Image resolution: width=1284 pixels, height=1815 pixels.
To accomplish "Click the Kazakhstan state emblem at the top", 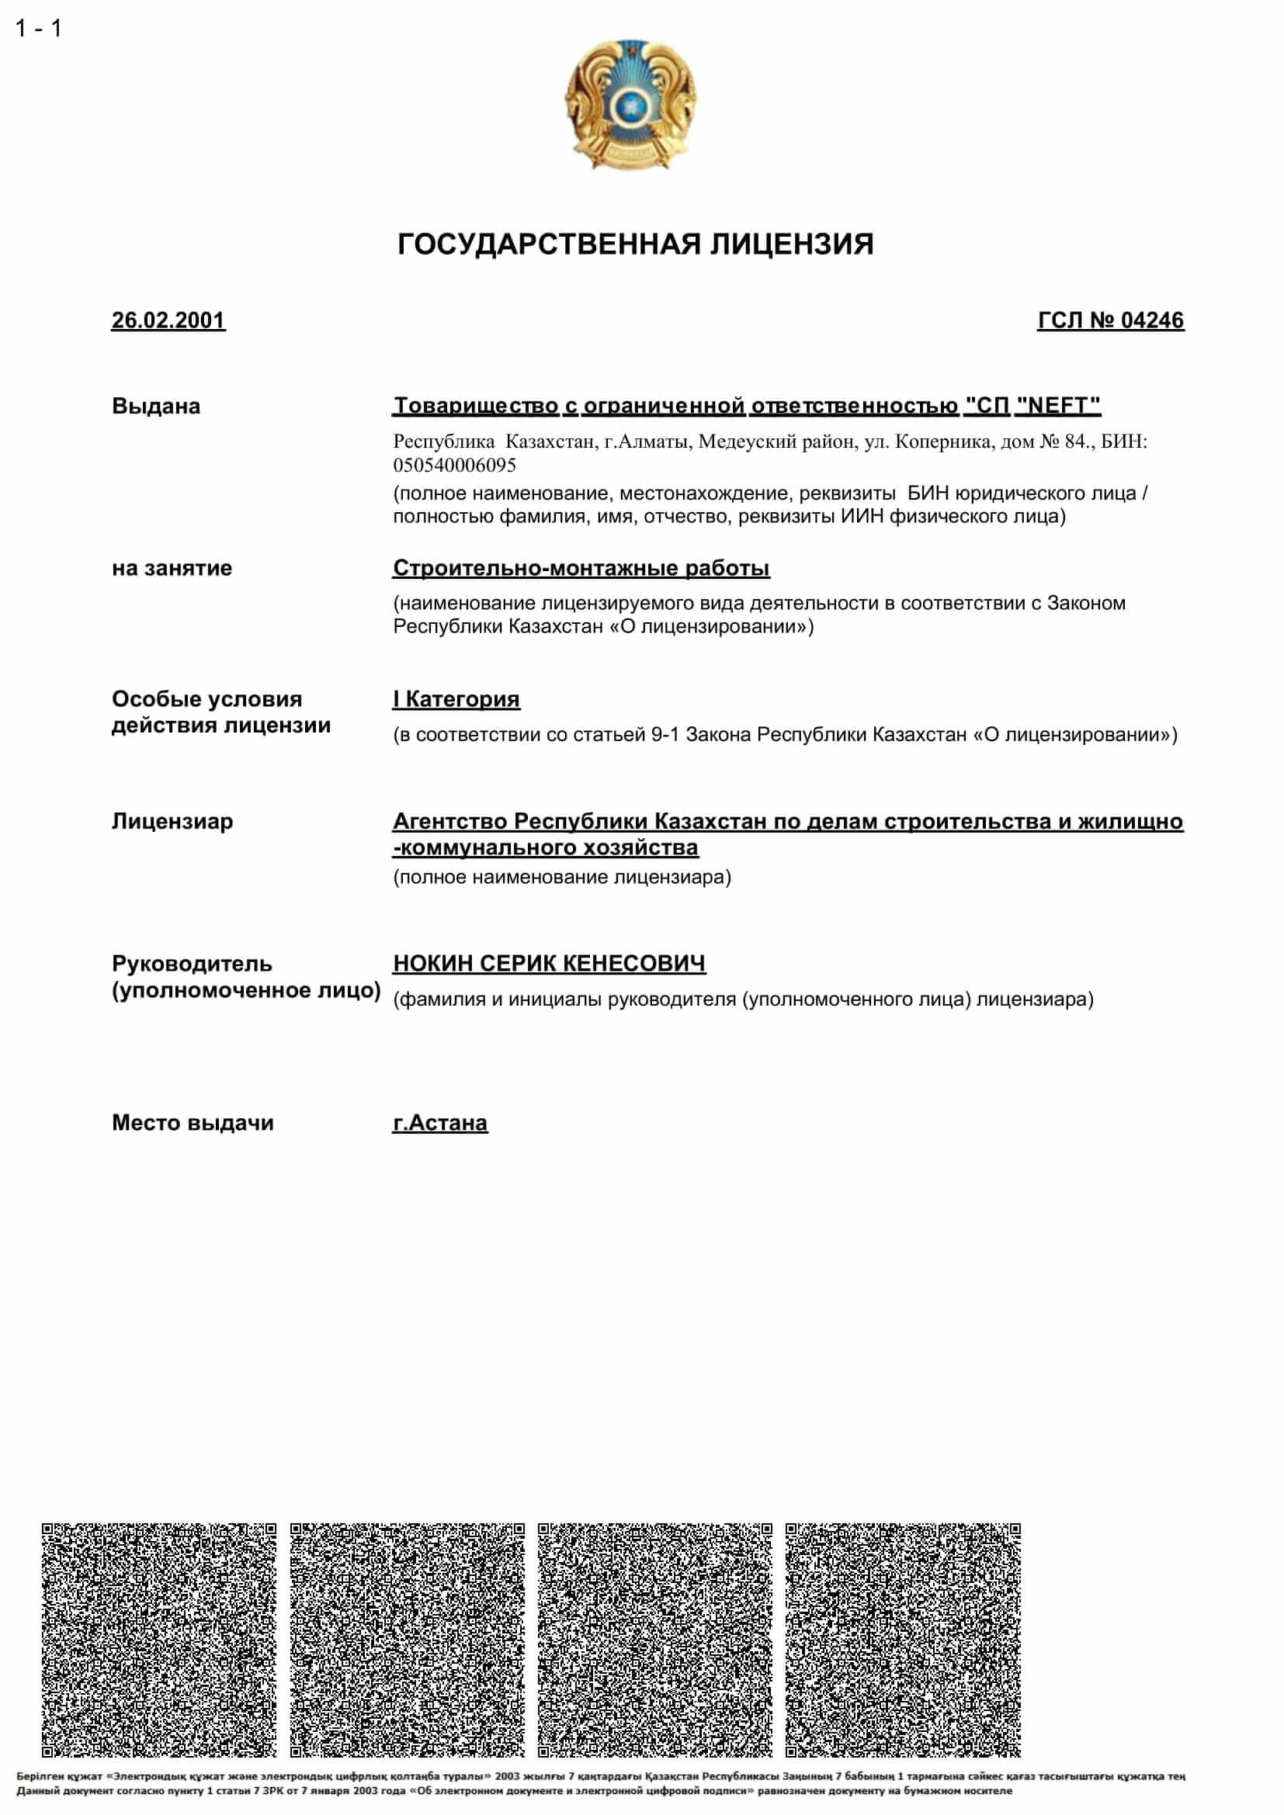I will (x=630, y=103).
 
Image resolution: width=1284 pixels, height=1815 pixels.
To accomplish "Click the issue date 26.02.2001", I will (x=168, y=321).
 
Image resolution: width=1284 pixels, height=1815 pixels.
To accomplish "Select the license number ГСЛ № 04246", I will (x=1110, y=321).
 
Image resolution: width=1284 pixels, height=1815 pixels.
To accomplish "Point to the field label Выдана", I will (x=156, y=407).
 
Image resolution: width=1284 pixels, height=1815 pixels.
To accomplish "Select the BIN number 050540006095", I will (x=454, y=465).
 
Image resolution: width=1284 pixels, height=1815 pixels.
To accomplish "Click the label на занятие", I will (x=172, y=568).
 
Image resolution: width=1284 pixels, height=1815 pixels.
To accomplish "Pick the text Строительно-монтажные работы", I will (x=581, y=568).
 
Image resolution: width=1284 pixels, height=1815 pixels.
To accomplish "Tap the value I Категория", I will (x=456, y=700).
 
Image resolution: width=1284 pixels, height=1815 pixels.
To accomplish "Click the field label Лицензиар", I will (x=172, y=822).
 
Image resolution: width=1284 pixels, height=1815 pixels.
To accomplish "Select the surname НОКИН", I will (x=432, y=964).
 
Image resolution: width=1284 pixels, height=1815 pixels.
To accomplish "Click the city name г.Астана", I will (x=439, y=1124).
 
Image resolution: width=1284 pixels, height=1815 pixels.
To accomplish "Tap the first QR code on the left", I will (x=159, y=1640).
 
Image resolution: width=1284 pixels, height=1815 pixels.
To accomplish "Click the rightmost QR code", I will (x=903, y=1640).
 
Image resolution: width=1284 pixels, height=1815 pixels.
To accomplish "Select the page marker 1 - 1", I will (x=38, y=29).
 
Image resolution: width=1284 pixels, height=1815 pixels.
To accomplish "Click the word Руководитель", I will (x=191, y=965).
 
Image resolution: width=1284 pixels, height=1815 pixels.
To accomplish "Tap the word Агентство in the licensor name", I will (x=450, y=822).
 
